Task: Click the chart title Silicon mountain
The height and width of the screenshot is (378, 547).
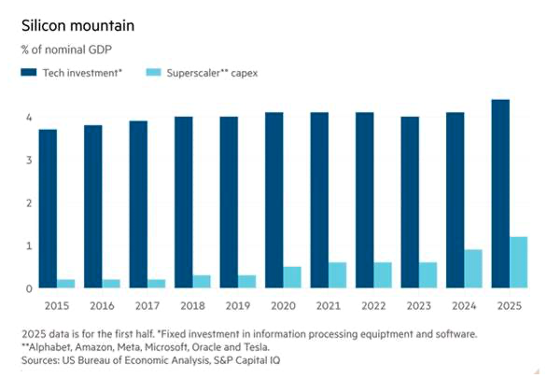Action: coord(77,26)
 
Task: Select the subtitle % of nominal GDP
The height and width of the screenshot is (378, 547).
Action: coord(66,49)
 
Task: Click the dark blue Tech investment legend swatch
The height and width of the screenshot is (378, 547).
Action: coord(29,72)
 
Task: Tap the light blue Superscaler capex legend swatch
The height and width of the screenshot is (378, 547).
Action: coord(153,72)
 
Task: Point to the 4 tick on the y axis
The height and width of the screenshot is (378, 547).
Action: coord(29,118)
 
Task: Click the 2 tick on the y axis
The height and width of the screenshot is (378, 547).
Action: coord(29,203)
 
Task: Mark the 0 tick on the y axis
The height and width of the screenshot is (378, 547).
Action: coord(29,288)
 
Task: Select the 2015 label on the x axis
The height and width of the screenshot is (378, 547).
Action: coord(57,306)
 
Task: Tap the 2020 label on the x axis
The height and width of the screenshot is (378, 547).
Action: coord(283,306)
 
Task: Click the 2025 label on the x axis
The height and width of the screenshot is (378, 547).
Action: coord(510,306)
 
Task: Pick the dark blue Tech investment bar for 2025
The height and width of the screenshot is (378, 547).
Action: coord(500,194)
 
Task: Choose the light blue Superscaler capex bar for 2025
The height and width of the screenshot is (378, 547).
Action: coord(518,262)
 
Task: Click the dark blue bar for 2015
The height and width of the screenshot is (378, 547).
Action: coord(48,209)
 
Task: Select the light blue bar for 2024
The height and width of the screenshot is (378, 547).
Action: coord(473,269)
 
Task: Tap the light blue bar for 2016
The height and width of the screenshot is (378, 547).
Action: coord(111,284)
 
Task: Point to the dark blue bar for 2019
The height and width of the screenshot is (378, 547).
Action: coord(229,203)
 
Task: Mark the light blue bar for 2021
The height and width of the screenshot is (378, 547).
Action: coord(337,275)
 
